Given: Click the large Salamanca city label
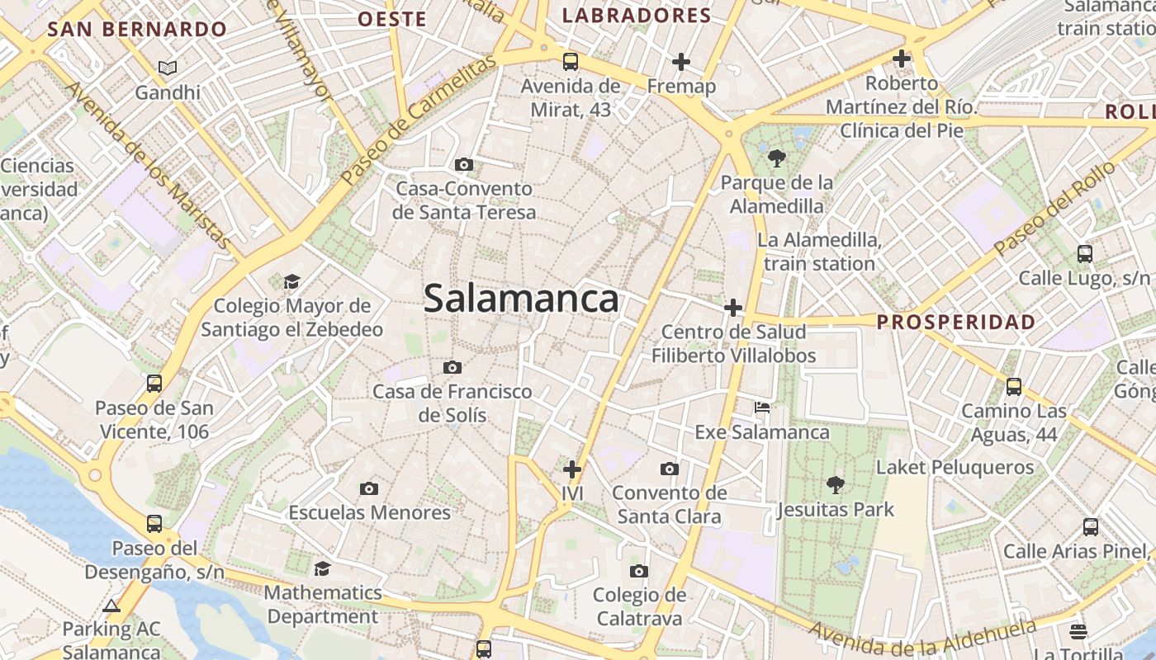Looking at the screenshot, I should click(x=521, y=299).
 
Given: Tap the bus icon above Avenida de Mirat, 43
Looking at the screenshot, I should click(x=570, y=61).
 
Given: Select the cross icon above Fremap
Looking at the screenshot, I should click(x=681, y=62).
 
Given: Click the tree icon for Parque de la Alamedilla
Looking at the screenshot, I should click(x=776, y=158).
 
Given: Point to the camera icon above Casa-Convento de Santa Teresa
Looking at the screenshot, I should click(x=464, y=164).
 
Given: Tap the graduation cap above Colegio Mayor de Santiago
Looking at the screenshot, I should click(x=291, y=282).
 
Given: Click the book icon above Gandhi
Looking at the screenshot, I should click(x=168, y=68).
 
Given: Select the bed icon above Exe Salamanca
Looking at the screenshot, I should click(x=762, y=408).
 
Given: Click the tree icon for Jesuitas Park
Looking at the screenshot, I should click(x=836, y=485).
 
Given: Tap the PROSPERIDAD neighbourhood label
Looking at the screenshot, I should click(x=956, y=322).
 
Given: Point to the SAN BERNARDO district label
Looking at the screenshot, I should click(x=137, y=30).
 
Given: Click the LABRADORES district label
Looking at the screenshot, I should click(x=636, y=16).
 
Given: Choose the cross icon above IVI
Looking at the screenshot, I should click(x=572, y=469).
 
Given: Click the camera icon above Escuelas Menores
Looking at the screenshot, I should click(x=369, y=488).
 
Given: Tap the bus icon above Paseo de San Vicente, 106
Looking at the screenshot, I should click(x=154, y=383).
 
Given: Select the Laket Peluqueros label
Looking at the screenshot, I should click(x=955, y=467).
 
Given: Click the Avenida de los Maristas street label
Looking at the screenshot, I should click(x=148, y=164).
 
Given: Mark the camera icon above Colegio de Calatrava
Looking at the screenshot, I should click(x=638, y=571).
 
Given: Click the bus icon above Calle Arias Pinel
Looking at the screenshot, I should click(x=1090, y=526).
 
